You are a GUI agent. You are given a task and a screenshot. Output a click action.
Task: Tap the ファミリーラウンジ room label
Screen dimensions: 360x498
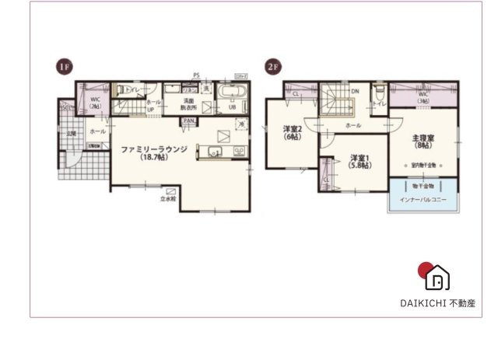click(x=153, y=148)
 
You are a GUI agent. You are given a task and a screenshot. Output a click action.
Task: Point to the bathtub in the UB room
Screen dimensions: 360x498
click(x=232, y=93)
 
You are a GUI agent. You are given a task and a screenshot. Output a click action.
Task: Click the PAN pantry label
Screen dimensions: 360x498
click(x=188, y=121)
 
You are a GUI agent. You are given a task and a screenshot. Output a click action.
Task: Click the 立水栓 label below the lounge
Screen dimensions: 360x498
click(x=168, y=199)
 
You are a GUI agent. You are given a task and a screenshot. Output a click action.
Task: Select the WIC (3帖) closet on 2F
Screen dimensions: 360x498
click(x=423, y=98)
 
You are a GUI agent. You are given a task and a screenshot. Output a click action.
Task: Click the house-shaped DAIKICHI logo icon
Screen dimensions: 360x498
click(x=437, y=276)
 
